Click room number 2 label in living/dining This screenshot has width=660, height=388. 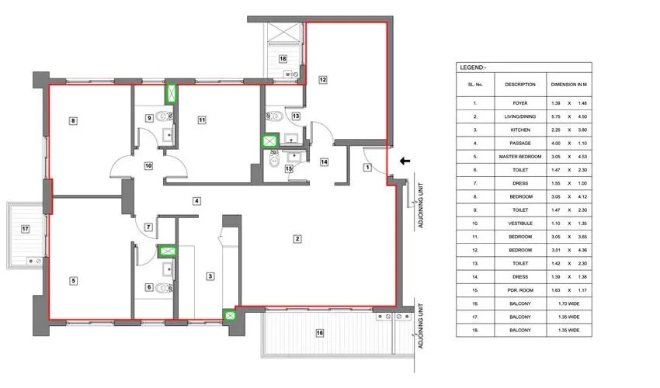pos(297,238)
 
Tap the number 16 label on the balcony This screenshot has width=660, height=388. pos(318,333)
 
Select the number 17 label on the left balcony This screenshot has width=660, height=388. pos(26,229)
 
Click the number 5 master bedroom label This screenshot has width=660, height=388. pos(73,281)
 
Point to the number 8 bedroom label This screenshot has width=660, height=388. pos(72,120)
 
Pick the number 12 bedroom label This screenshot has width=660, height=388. pos(322,79)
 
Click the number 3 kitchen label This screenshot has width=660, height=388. pos(210,275)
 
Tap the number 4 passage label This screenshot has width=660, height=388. pos(197,201)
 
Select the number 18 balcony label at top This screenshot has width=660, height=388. pos(283,59)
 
